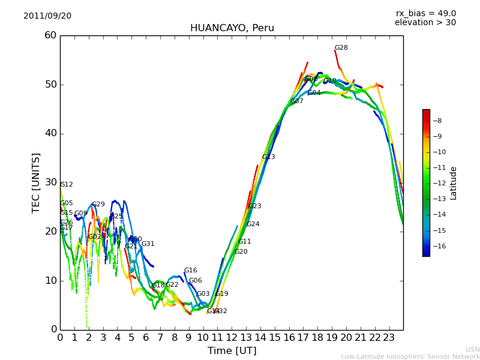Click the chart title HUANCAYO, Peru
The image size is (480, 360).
(232, 28)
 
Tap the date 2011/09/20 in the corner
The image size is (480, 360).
(47, 16)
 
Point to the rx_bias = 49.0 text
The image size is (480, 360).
(425, 14)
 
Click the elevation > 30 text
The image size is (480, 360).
(425, 23)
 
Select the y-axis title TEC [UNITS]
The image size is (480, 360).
(37, 182)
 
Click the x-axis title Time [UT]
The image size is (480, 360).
(232, 351)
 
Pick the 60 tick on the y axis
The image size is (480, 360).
(50, 35)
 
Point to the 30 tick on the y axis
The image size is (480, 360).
(50, 182)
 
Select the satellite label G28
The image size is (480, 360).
(341, 48)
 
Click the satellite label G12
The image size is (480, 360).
(66, 185)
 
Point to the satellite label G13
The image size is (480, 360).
(268, 157)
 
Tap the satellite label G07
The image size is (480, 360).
(296, 101)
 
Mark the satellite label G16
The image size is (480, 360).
(190, 271)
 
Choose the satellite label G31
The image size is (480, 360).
(148, 244)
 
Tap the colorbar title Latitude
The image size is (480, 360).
(454, 183)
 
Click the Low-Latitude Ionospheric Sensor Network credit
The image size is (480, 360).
(410, 356)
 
